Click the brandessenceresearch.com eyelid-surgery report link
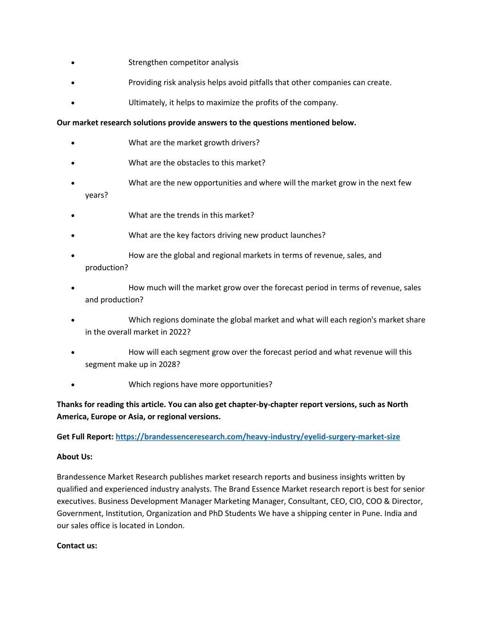pos(258,437)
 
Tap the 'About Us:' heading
pos(75,457)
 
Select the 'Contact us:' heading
pos(77,546)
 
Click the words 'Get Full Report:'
pos(85,437)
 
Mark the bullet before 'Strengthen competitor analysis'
pos(73,63)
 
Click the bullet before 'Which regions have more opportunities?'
pos(73,385)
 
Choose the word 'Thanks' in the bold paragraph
pos(69,404)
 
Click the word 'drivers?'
pos(245,143)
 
